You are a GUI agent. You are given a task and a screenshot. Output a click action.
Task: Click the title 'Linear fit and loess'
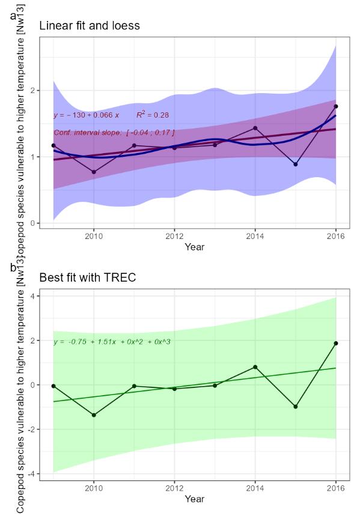90,26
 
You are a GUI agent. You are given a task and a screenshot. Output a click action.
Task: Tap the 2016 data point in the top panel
335,106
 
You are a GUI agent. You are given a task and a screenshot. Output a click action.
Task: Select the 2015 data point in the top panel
295,164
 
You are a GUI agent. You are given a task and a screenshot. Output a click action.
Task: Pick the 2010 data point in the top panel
94,172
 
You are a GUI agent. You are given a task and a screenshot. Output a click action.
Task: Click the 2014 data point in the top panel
255,128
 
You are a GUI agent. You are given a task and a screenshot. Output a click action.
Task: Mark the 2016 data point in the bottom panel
335,343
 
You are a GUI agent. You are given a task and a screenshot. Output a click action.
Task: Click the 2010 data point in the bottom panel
94,415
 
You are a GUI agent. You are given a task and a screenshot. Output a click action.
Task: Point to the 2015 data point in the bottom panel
295,407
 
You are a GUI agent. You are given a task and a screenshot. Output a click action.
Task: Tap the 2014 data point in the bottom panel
255,367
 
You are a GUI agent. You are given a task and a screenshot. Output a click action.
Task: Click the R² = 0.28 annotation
152,114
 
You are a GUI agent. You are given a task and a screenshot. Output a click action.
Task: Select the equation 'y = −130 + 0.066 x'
87,115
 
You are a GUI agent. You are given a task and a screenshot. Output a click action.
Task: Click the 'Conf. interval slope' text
114,132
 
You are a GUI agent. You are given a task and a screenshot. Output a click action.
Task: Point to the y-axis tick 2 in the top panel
35,90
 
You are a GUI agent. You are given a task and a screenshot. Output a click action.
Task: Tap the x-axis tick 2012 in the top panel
174,236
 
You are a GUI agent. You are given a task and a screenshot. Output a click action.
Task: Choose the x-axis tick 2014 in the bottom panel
255,488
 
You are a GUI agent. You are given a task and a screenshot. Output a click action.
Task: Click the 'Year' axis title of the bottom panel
194,498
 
